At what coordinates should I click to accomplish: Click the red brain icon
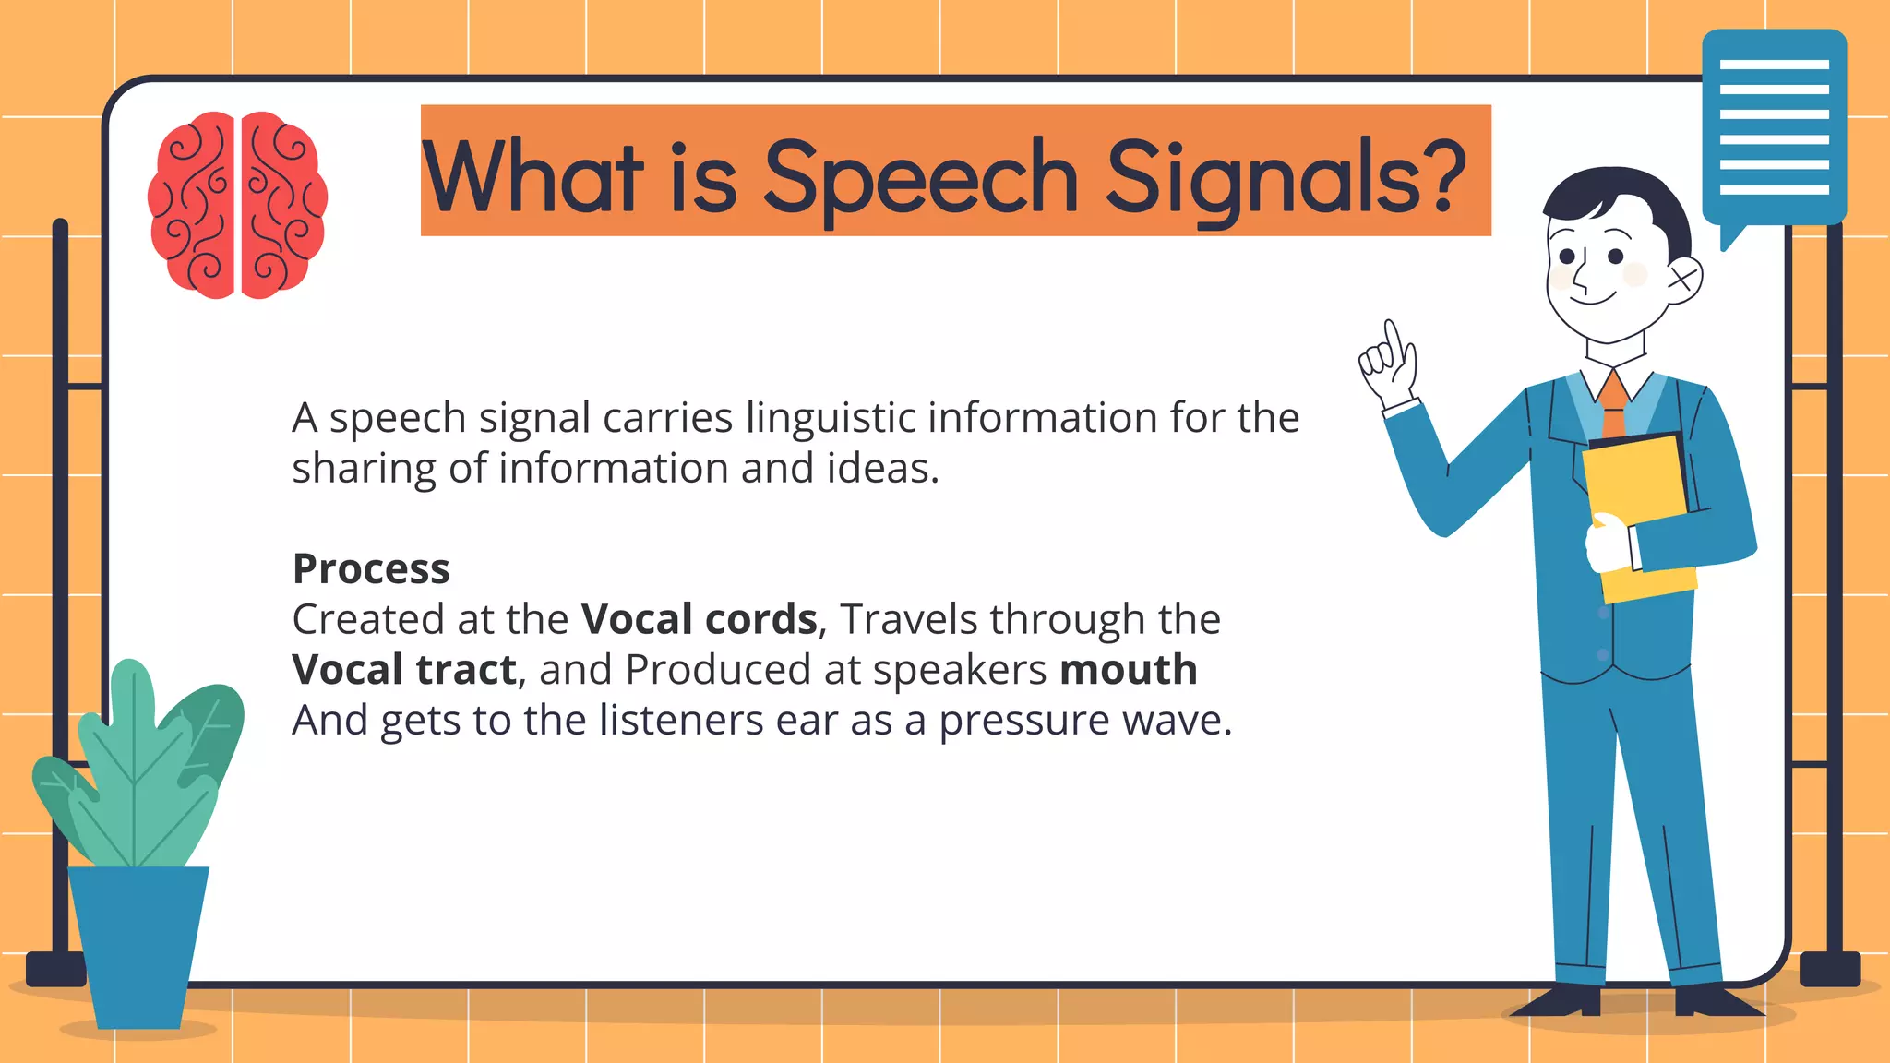click(x=237, y=205)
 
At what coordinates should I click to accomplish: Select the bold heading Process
click(x=371, y=568)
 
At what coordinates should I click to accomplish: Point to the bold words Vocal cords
click(x=699, y=619)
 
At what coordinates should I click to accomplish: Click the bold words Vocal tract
click(x=403, y=670)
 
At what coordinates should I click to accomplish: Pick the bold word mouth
click(x=1128, y=670)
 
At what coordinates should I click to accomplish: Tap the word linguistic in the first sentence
click(x=830, y=418)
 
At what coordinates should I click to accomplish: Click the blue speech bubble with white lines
click(x=1774, y=127)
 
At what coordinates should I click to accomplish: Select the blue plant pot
click(x=138, y=946)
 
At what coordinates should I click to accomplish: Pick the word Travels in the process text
click(x=908, y=619)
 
